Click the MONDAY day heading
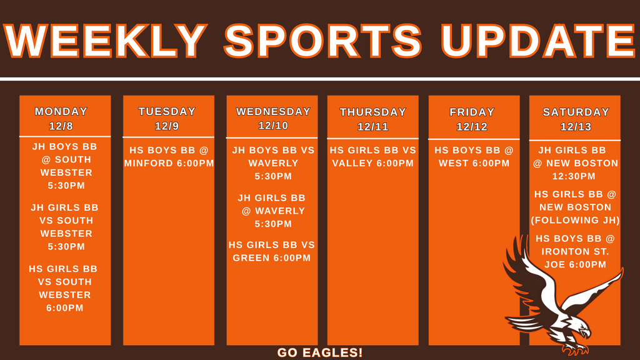click(x=61, y=112)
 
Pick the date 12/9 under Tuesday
click(x=167, y=126)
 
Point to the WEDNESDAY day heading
click(x=273, y=112)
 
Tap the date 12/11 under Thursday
click(x=373, y=127)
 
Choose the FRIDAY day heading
click(x=472, y=112)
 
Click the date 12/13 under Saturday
click(x=576, y=127)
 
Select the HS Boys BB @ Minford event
click(x=169, y=157)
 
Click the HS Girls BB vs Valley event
click(x=373, y=157)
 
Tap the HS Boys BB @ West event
click(x=474, y=157)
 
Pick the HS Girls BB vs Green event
click(x=272, y=251)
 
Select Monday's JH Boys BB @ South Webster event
click(x=62, y=166)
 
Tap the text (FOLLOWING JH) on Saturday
click(x=575, y=220)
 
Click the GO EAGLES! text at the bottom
click(x=320, y=352)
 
